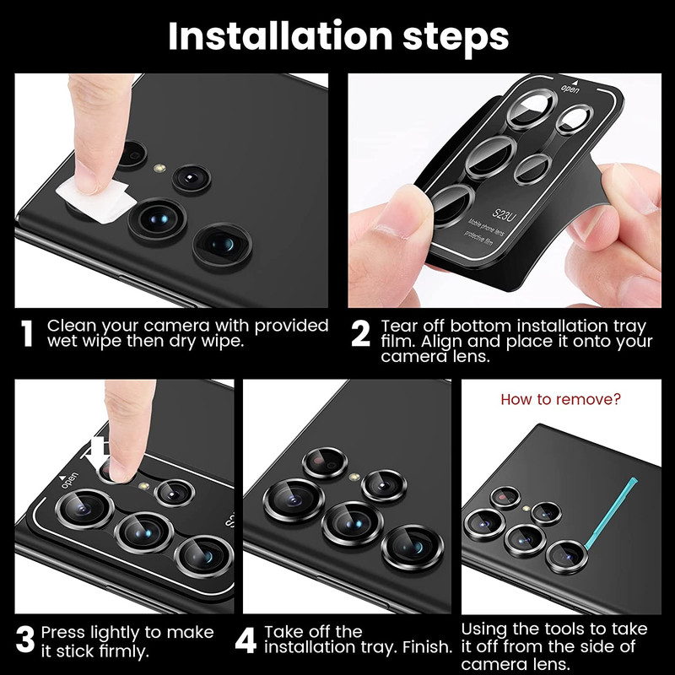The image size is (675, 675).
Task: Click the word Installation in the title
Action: [280, 36]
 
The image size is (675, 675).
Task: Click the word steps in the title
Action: [456, 39]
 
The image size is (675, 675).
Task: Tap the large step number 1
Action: [27, 333]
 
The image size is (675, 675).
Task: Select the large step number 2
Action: [360, 333]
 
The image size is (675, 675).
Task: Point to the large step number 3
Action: [25, 640]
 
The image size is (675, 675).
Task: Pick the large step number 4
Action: [246, 640]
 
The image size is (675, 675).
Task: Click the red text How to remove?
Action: [560, 399]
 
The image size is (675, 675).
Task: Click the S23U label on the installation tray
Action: [503, 214]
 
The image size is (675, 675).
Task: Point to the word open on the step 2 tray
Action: [570, 89]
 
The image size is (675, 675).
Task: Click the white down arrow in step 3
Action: [98, 454]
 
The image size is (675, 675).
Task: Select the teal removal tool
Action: [610, 512]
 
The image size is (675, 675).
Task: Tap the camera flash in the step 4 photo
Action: [354, 477]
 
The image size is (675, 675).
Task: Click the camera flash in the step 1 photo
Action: [159, 167]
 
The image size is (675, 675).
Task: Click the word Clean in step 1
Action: [71, 326]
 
